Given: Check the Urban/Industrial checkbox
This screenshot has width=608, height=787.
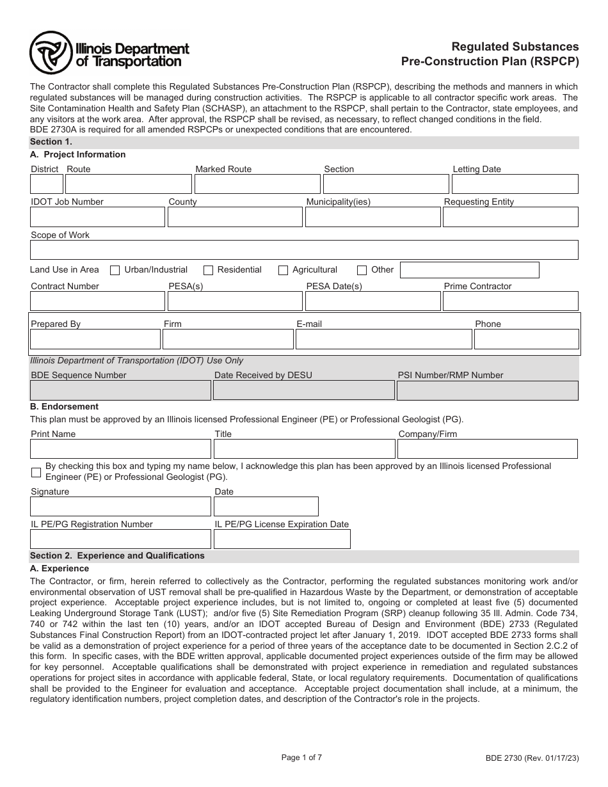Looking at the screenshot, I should pos(115,270).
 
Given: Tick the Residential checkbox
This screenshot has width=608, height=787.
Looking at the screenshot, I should pos(208,270).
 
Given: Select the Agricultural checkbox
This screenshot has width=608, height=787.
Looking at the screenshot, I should pos(283,270).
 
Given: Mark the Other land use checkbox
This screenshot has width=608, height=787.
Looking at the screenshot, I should pos(362,270).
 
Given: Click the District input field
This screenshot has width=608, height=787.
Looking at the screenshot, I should pos(47,184).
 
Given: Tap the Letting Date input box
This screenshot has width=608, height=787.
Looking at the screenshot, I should pos(515,184).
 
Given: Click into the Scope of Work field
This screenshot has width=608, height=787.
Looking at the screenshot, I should pos(304,250).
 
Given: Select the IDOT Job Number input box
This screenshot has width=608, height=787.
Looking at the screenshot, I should pos(97,218).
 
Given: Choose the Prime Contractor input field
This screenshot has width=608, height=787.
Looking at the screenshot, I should pos(510,301).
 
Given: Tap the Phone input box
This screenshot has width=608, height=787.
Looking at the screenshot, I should pos(526,339).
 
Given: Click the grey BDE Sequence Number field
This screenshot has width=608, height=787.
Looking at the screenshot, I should pos(120,390).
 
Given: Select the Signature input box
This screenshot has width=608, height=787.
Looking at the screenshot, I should pos(120,507).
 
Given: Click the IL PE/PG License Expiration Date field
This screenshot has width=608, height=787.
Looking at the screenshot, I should pos(282,539).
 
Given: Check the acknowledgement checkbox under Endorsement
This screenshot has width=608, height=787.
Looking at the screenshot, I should pos(36,472).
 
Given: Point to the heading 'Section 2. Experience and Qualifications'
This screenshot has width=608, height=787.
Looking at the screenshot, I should pos(118,556).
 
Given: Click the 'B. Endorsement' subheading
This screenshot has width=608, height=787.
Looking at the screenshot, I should pos(65,406).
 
